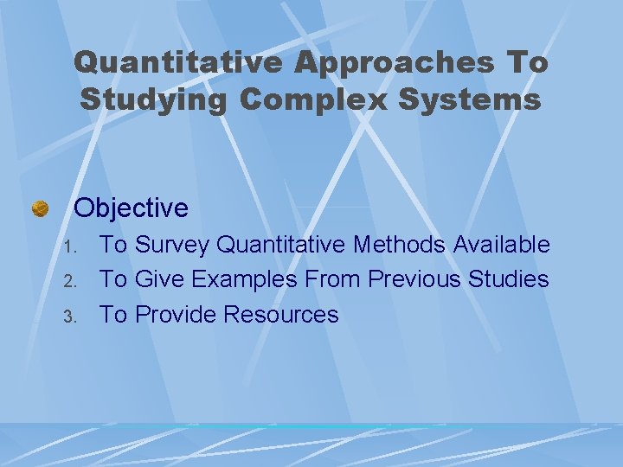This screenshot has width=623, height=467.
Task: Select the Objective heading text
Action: pyautogui.click(x=131, y=208)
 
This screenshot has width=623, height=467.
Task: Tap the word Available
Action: pyautogui.click(x=505, y=246)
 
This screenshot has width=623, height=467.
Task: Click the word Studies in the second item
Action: pyautogui.click(x=509, y=280)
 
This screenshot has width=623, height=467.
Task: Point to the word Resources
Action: pyautogui.click(x=281, y=315)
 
